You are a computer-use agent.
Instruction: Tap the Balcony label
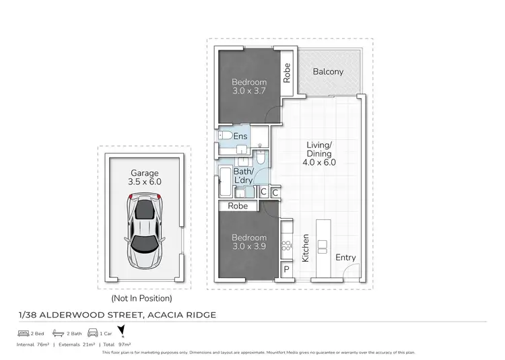327,71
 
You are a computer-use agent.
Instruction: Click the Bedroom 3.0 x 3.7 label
248,87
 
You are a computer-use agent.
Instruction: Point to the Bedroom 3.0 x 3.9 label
248,242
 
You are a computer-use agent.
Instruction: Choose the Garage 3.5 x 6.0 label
145,176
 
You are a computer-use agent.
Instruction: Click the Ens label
240,137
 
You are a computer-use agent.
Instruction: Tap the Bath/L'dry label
243,176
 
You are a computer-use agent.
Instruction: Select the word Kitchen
305,248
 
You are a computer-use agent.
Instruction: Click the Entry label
345,258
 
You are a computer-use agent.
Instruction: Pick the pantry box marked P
286,269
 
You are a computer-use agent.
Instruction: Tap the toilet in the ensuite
225,137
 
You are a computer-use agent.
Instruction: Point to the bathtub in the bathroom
225,181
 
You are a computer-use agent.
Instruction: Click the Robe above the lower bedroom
238,206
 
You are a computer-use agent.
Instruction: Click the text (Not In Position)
141,298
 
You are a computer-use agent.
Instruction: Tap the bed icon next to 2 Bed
24,332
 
